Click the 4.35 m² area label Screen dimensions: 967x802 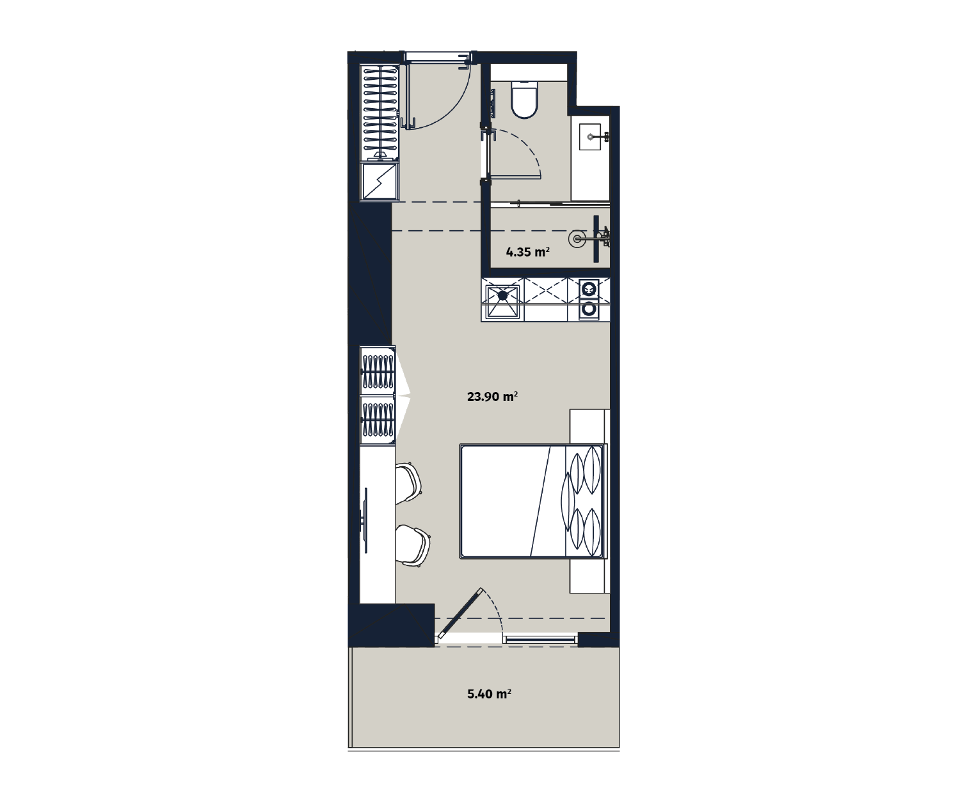point(527,252)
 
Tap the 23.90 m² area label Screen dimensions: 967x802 point(492,397)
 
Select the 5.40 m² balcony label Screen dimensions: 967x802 point(489,694)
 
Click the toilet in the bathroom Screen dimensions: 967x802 point(524,99)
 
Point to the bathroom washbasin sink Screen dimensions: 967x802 point(591,136)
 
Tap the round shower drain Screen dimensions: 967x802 point(577,239)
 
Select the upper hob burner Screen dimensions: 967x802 point(589,290)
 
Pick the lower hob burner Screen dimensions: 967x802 point(589,309)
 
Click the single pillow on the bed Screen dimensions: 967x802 point(567,501)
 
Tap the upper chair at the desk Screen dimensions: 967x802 point(408,483)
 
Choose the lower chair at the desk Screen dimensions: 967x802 point(413,546)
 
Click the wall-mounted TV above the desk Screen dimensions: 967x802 point(365,520)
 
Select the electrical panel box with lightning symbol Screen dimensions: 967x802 point(380,182)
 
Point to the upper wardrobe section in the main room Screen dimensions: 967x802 point(378,371)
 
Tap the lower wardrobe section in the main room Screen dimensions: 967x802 point(378,420)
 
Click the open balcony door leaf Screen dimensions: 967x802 point(461,613)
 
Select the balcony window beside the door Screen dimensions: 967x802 point(540,640)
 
